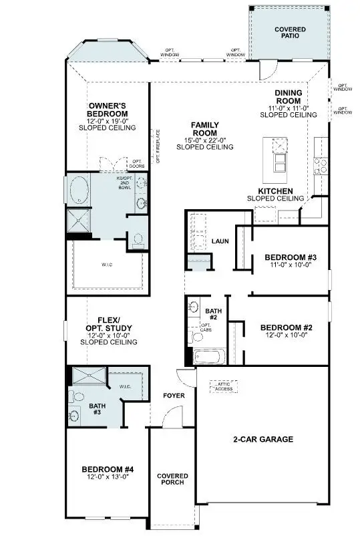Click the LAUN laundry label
[x=220, y=241]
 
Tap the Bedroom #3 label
[x=290, y=257]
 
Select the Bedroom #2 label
[x=286, y=327]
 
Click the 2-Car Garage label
[x=262, y=439]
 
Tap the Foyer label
[x=174, y=396]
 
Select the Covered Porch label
[x=172, y=480]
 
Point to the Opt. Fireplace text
[x=158, y=146]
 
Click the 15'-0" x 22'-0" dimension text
[x=204, y=140]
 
